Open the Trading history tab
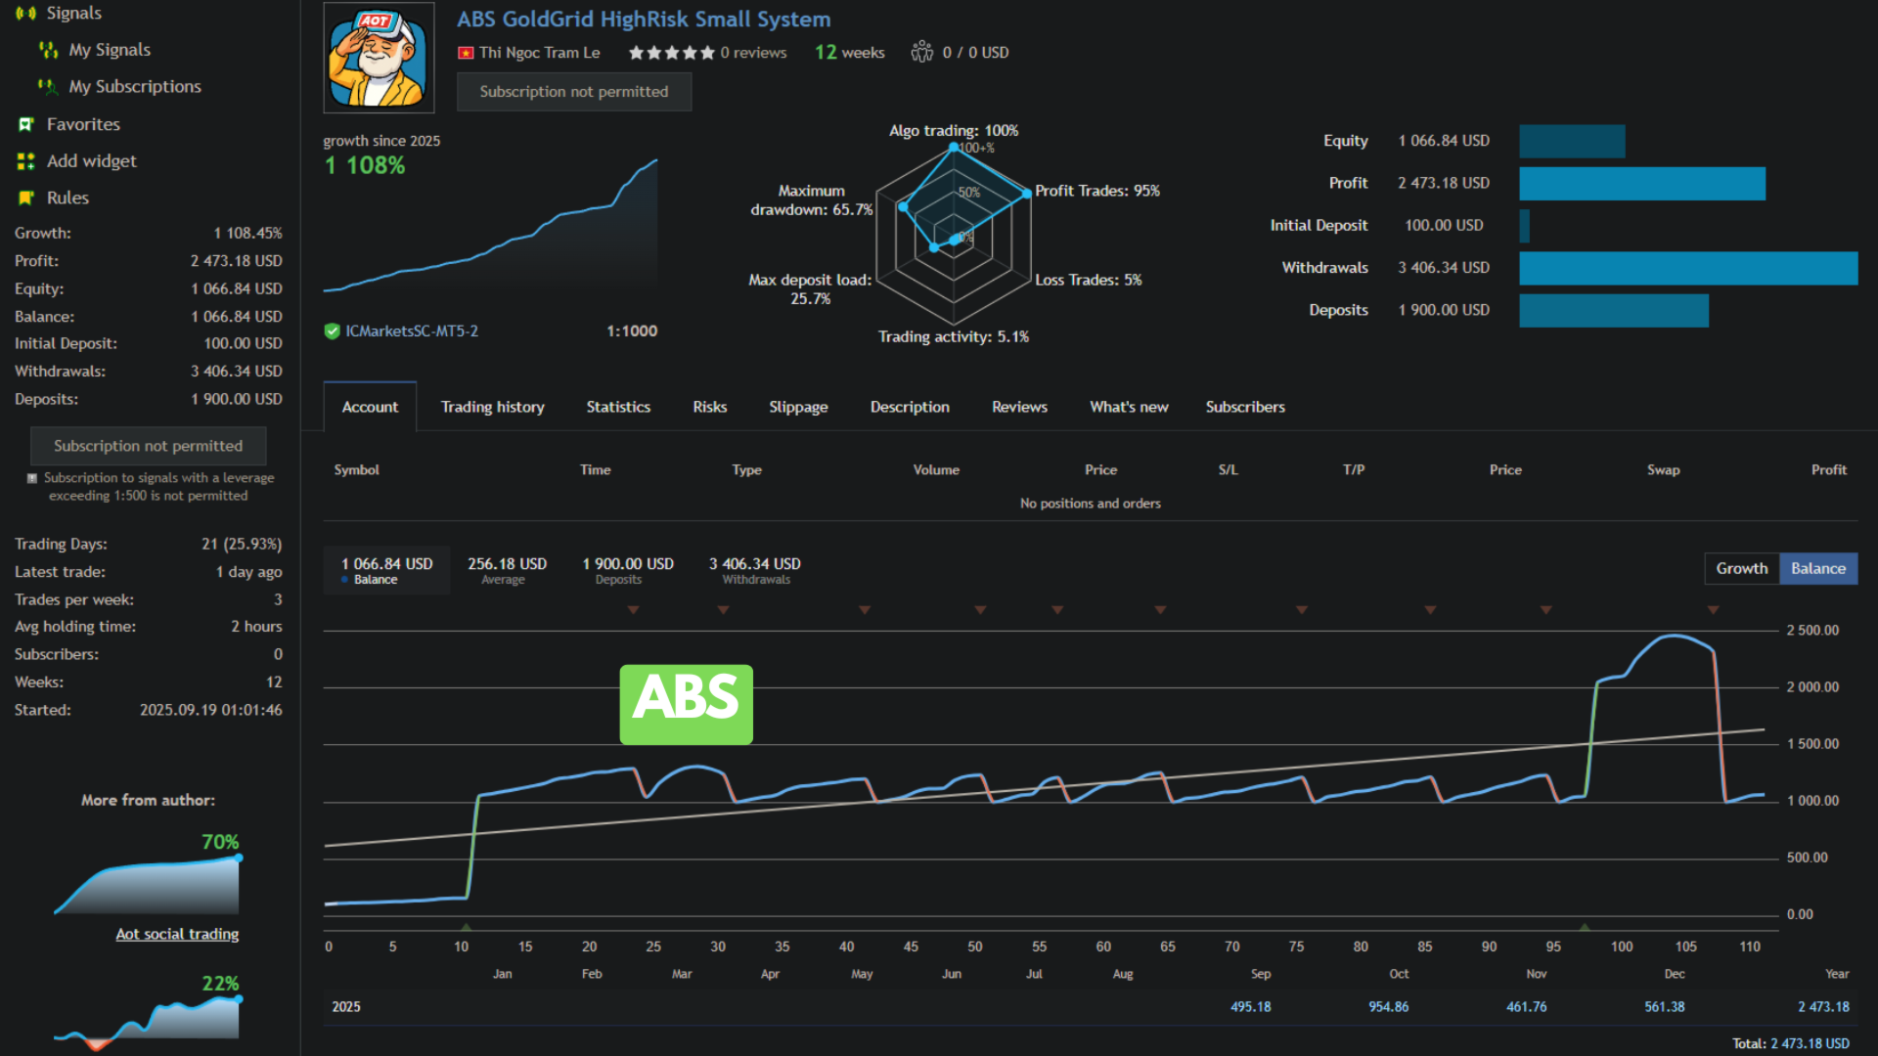point(492,407)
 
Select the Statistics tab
point(617,407)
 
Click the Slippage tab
point(797,407)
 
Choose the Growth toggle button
point(1741,568)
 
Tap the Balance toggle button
point(1817,568)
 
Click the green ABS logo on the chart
point(686,704)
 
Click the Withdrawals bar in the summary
point(1687,268)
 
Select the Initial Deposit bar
point(1524,226)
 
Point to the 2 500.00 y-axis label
point(1811,631)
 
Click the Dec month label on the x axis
point(1674,974)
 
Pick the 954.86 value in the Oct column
point(1388,1007)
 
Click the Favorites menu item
point(83,124)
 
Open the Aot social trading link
point(177,934)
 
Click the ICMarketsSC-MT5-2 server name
point(411,331)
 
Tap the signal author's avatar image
point(379,58)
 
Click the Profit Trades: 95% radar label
point(1096,191)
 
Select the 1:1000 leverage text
point(631,331)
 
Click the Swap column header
point(1662,470)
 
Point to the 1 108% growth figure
point(365,165)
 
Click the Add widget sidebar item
point(91,161)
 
